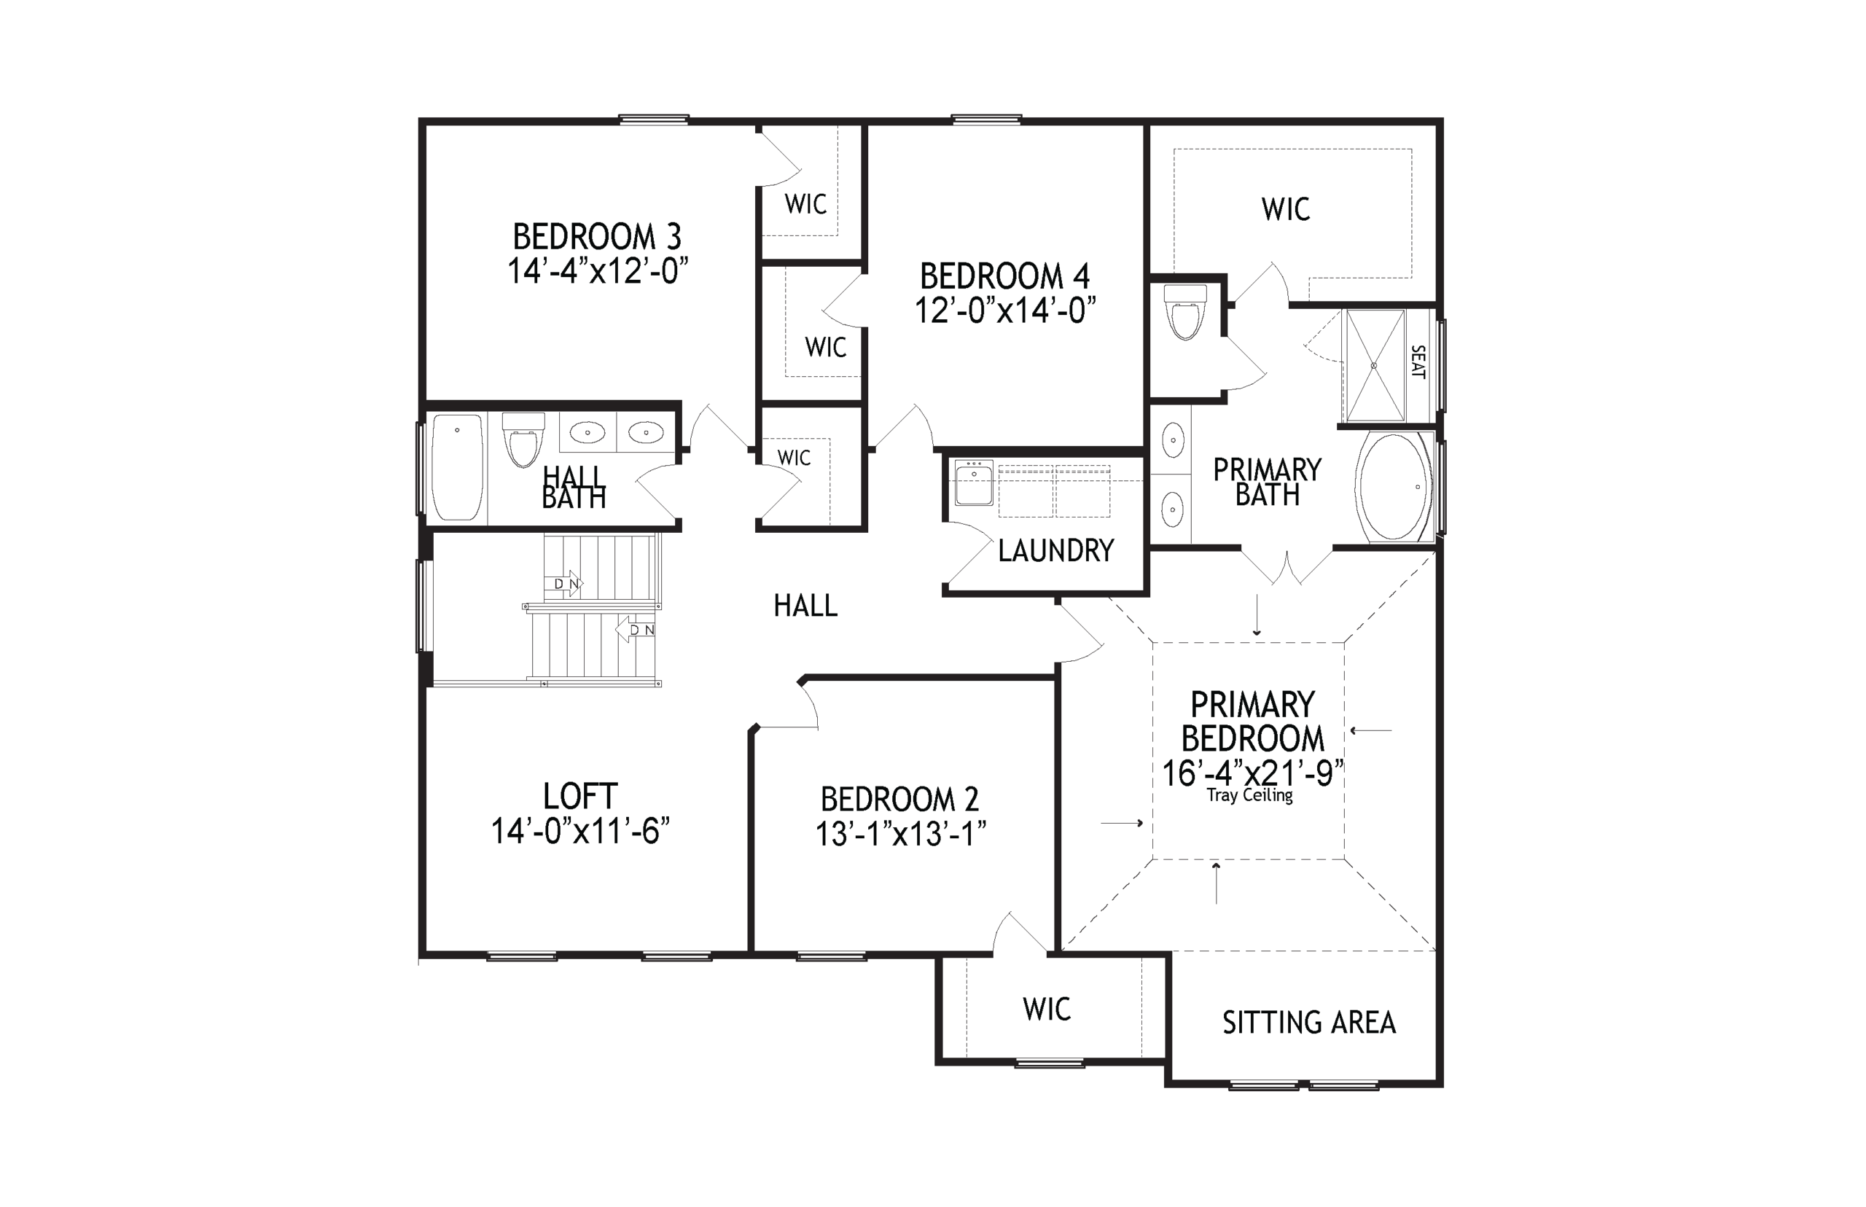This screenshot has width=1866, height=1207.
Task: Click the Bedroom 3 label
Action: [596, 237]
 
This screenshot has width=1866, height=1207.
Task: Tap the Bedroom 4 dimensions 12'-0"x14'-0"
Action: [1004, 311]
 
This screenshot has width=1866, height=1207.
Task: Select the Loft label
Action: [580, 797]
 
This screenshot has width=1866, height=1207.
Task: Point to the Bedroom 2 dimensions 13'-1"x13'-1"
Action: [900, 834]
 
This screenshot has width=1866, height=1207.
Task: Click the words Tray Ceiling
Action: [1249, 795]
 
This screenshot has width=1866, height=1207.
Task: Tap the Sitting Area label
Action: [1309, 1023]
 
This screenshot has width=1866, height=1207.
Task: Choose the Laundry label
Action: [1055, 551]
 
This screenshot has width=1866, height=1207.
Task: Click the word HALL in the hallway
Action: [805, 606]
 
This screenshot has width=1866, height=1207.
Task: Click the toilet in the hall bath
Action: [523, 440]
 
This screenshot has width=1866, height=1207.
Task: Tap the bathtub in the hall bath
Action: [458, 468]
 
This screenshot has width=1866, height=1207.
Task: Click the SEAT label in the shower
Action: [1417, 362]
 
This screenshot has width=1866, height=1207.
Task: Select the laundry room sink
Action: [974, 483]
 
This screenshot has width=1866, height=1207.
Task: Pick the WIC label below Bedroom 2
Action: [1047, 1009]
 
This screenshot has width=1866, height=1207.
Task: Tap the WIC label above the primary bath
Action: [1285, 209]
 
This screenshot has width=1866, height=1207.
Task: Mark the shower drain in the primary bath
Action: [1374, 365]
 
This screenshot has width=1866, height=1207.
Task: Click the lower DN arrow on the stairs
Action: [636, 629]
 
